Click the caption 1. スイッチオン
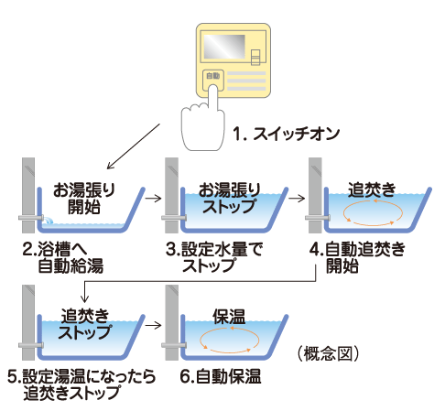tap(286, 134)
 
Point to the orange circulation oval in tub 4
tap(371, 214)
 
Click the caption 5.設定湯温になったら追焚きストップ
tap(81, 384)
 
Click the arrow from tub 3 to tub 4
tap(298, 196)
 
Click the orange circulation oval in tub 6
tap(226, 341)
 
